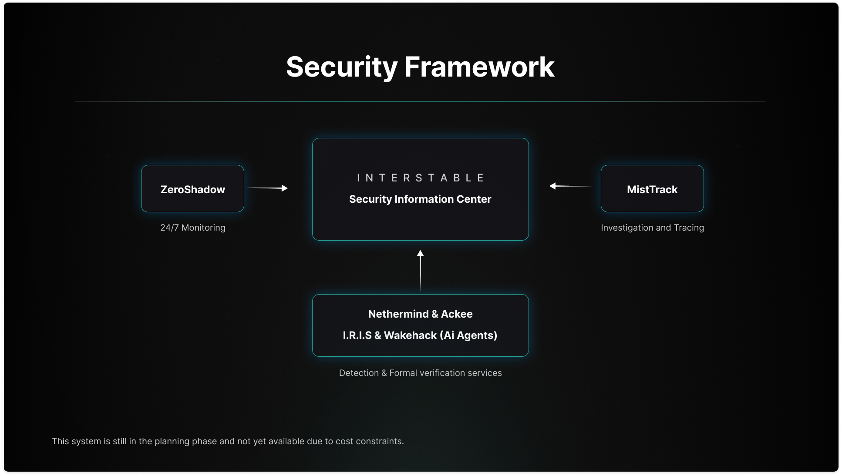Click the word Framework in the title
tap(479, 67)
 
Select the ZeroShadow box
tap(192, 189)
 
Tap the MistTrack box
tap(652, 189)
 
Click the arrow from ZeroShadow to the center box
tap(267, 188)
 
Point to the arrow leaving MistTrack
tap(570, 186)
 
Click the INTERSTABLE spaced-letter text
tap(420, 178)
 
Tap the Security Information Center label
tap(420, 199)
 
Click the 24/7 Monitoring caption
tap(192, 228)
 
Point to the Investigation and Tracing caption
tap(652, 228)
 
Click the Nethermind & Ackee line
tap(420, 314)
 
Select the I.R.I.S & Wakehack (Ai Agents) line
tap(420, 335)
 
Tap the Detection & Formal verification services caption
tap(420, 373)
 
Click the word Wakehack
tap(410, 335)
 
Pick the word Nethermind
tap(398, 314)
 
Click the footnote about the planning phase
tap(228, 441)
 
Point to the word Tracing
tap(689, 228)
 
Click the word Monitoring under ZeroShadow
tap(203, 228)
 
